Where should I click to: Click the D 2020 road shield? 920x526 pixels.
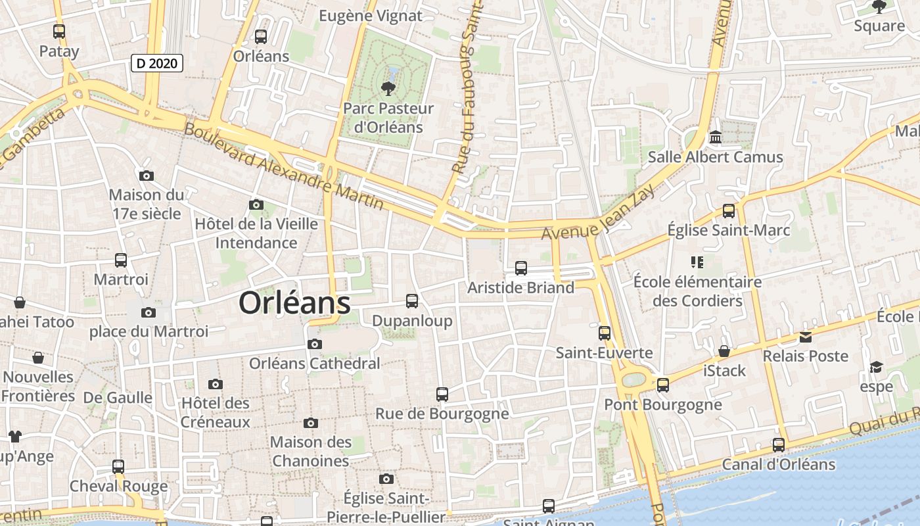[x=157, y=64]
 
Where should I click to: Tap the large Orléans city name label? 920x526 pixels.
[x=294, y=303]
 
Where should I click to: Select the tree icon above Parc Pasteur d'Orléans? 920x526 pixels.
[x=388, y=88]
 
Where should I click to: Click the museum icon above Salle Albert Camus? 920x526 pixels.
[x=716, y=138]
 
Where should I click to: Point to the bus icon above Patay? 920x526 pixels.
[x=59, y=31]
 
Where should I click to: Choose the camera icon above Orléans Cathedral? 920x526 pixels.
[x=315, y=344]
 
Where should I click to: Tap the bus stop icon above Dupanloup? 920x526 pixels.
[x=412, y=301]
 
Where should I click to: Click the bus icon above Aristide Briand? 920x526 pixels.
[x=521, y=268]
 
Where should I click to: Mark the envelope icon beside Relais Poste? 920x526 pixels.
[x=805, y=337]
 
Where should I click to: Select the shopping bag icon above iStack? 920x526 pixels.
[x=724, y=352]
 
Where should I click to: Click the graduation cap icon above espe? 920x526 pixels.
[x=876, y=367]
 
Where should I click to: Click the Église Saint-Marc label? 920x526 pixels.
[x=729, y=230]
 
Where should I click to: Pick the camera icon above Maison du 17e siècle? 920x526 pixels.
[x=147, y=176]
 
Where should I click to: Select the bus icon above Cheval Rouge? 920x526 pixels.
[x=118, y=467]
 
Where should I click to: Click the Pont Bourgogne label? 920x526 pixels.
[x=663, y=404]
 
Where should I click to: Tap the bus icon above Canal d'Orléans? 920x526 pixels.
[x=779, y=445]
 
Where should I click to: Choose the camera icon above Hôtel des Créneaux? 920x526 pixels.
[x=215, y=384]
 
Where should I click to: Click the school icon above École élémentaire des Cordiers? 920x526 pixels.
[x=697, y=262]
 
